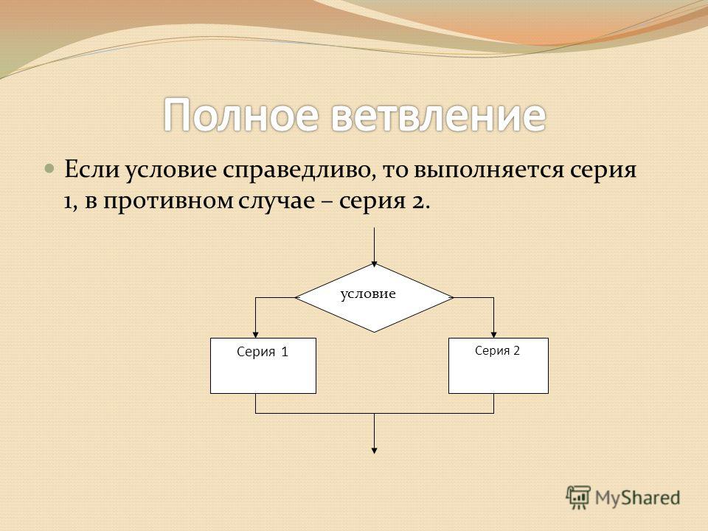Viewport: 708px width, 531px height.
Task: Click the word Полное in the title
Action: (240, 115)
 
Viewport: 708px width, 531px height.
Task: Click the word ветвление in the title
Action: (439, 115)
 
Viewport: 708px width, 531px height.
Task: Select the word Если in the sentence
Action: (92, 170)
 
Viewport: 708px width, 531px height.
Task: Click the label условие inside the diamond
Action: (368, 294)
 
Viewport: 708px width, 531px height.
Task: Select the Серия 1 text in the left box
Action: (263, 352)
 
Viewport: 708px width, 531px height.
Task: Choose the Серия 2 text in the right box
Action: (497, 350)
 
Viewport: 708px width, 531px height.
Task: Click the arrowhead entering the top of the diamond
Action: (375, 264)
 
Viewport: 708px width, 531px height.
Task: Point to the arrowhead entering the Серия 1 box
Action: (256, 335)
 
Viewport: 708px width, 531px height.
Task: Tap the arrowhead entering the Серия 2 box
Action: (493, 335)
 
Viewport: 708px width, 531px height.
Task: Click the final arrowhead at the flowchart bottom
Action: (375, 450)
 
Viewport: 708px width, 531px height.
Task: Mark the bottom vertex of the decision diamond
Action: (375, 333)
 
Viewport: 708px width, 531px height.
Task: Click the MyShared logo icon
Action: (578, 498)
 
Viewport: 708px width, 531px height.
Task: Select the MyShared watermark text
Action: (637, 498)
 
